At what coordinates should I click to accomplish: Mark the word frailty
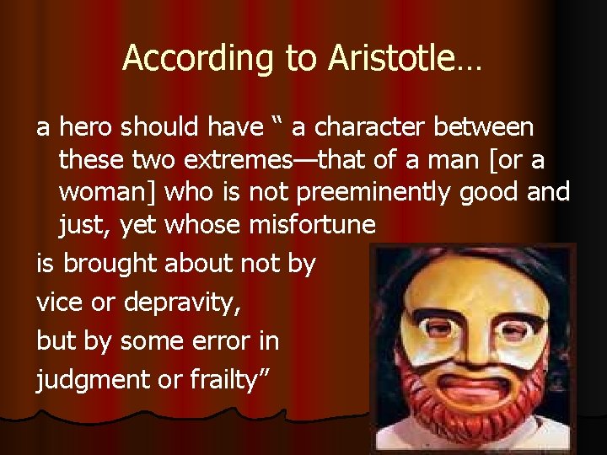(x=227, y=380)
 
